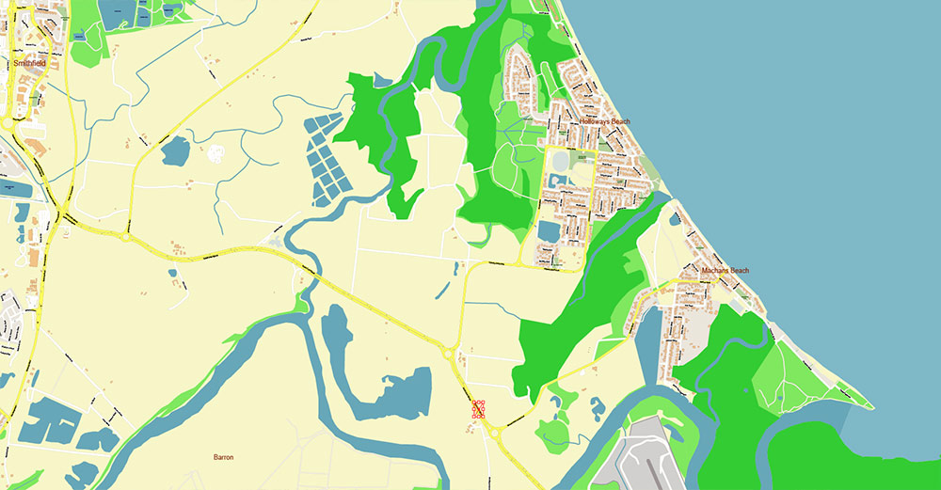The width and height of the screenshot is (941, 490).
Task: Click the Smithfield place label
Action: [x=29, y=63]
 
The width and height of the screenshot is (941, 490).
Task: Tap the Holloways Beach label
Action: [x=604, y=121]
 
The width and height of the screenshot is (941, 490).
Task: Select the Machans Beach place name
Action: [x=726, y=271]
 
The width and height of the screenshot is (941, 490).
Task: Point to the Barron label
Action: [x=224, y=457]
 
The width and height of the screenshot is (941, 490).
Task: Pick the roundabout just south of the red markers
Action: [x=495, y=433]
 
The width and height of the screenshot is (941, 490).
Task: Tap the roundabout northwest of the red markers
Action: [x=449, y=354]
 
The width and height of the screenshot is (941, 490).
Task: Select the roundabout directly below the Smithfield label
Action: [x=8, y=122]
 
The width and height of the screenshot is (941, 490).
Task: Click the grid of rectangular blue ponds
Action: [x=330, y=160]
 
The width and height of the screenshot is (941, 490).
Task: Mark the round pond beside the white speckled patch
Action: [x=175, y=150]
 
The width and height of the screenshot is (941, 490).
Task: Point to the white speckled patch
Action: [x=216, y=152]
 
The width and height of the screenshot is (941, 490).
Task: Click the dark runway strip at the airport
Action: [x=649, y=461]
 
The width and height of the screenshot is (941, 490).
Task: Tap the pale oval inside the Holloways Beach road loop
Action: [x=561, y=162]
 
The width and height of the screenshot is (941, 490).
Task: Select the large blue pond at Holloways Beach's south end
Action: [x=549, y=231]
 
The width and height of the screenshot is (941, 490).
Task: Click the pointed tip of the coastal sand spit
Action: [x=870, y=406]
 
